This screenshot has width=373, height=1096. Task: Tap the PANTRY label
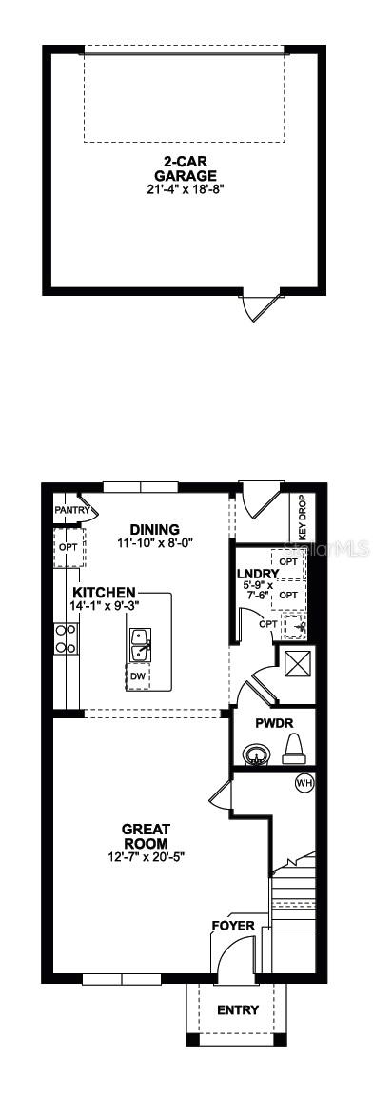72,510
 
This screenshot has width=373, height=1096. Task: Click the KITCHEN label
104,592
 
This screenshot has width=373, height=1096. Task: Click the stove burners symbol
66,636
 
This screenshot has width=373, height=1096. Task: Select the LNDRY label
257,574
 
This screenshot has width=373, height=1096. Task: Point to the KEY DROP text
303,518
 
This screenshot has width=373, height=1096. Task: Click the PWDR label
272,722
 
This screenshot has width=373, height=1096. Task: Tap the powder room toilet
292,749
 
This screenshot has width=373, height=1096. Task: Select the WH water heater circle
304,783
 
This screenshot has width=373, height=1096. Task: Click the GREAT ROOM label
146,835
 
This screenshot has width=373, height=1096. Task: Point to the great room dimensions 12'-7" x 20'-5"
146,856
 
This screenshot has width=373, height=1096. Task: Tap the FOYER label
233,925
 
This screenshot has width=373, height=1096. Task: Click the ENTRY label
237,1009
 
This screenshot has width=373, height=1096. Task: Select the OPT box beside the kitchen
69,547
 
